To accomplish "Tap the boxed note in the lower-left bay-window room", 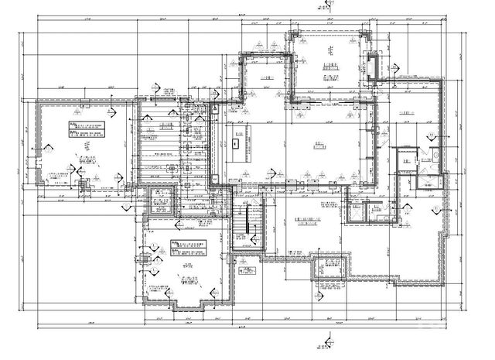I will point(188,247).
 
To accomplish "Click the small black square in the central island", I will point(236,142).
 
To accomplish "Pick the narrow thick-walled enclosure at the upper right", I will point(372,68).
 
